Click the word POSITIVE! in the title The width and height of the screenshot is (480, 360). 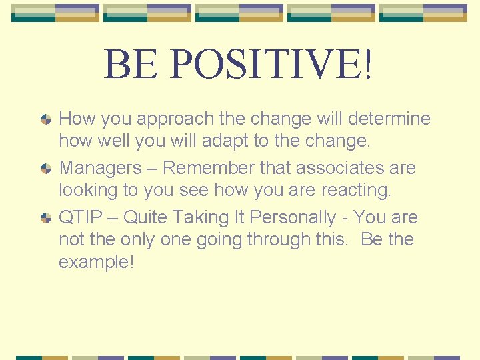(273, 63)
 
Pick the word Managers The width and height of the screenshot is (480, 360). (100, 168)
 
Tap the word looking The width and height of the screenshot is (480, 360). (88, 190)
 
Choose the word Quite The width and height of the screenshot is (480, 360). (146, 217)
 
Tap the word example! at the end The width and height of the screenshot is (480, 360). (97, 262)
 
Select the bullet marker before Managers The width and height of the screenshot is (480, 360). (46, 169)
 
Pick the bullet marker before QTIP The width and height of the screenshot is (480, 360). (46, 218)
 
